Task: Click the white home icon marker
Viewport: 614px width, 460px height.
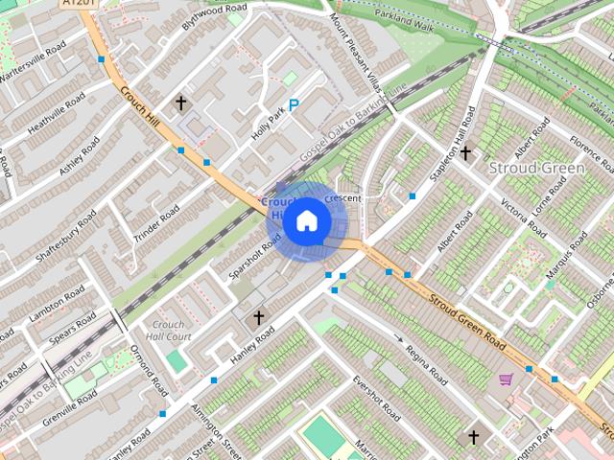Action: tap(306, 221)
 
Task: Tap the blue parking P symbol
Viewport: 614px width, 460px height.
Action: tap(294, 107)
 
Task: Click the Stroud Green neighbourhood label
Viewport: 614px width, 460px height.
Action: tap(536, 169)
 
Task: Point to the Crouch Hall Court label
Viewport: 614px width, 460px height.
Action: tap(171, 331)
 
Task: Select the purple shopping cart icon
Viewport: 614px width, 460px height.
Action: tap(506, 380)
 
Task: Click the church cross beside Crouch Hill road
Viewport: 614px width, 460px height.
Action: tap(179, 102)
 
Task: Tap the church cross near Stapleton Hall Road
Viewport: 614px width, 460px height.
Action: tap(465, 152)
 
